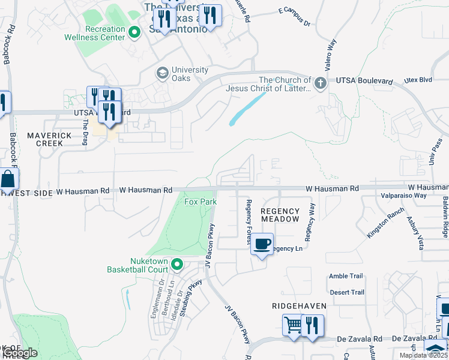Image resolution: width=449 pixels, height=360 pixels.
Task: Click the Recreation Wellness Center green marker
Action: click(136, 32)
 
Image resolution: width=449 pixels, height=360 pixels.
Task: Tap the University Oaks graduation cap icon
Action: click(162, 73)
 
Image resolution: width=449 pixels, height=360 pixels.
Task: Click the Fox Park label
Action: click(200, 202)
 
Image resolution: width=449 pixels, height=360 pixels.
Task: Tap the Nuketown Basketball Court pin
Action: click(177, 264)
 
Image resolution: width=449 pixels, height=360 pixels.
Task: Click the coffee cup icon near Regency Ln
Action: click(261, 244)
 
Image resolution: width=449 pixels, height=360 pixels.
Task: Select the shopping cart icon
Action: click(293, 325)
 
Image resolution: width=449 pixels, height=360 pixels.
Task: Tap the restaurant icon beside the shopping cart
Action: click(312, 325)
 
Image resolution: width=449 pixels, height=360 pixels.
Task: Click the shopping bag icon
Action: click(8, 179)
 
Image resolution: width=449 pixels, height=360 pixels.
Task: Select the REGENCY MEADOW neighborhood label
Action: click(280, 215)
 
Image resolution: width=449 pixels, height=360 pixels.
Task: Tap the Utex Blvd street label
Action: click(418, 80)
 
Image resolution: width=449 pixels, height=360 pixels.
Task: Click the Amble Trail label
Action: click(346, 276)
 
